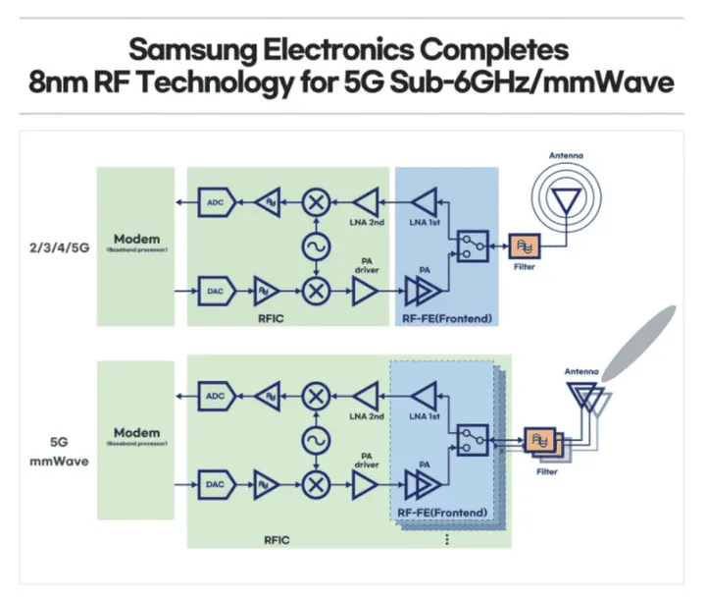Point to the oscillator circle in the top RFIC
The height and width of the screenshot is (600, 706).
(317, 246)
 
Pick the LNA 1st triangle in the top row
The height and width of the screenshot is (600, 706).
(427, 203)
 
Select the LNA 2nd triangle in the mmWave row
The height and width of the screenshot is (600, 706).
(365, 397)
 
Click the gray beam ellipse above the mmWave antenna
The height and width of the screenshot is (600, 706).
(640, 343)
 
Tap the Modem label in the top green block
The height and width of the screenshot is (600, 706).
(136, 240)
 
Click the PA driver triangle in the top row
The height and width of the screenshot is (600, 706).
(365, 291)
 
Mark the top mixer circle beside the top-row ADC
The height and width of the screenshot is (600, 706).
(317, 203)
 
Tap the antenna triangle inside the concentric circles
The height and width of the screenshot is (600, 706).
(565, 200)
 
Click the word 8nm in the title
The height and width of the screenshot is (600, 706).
(54, 84)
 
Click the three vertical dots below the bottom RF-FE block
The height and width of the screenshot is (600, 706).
(447, 539)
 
